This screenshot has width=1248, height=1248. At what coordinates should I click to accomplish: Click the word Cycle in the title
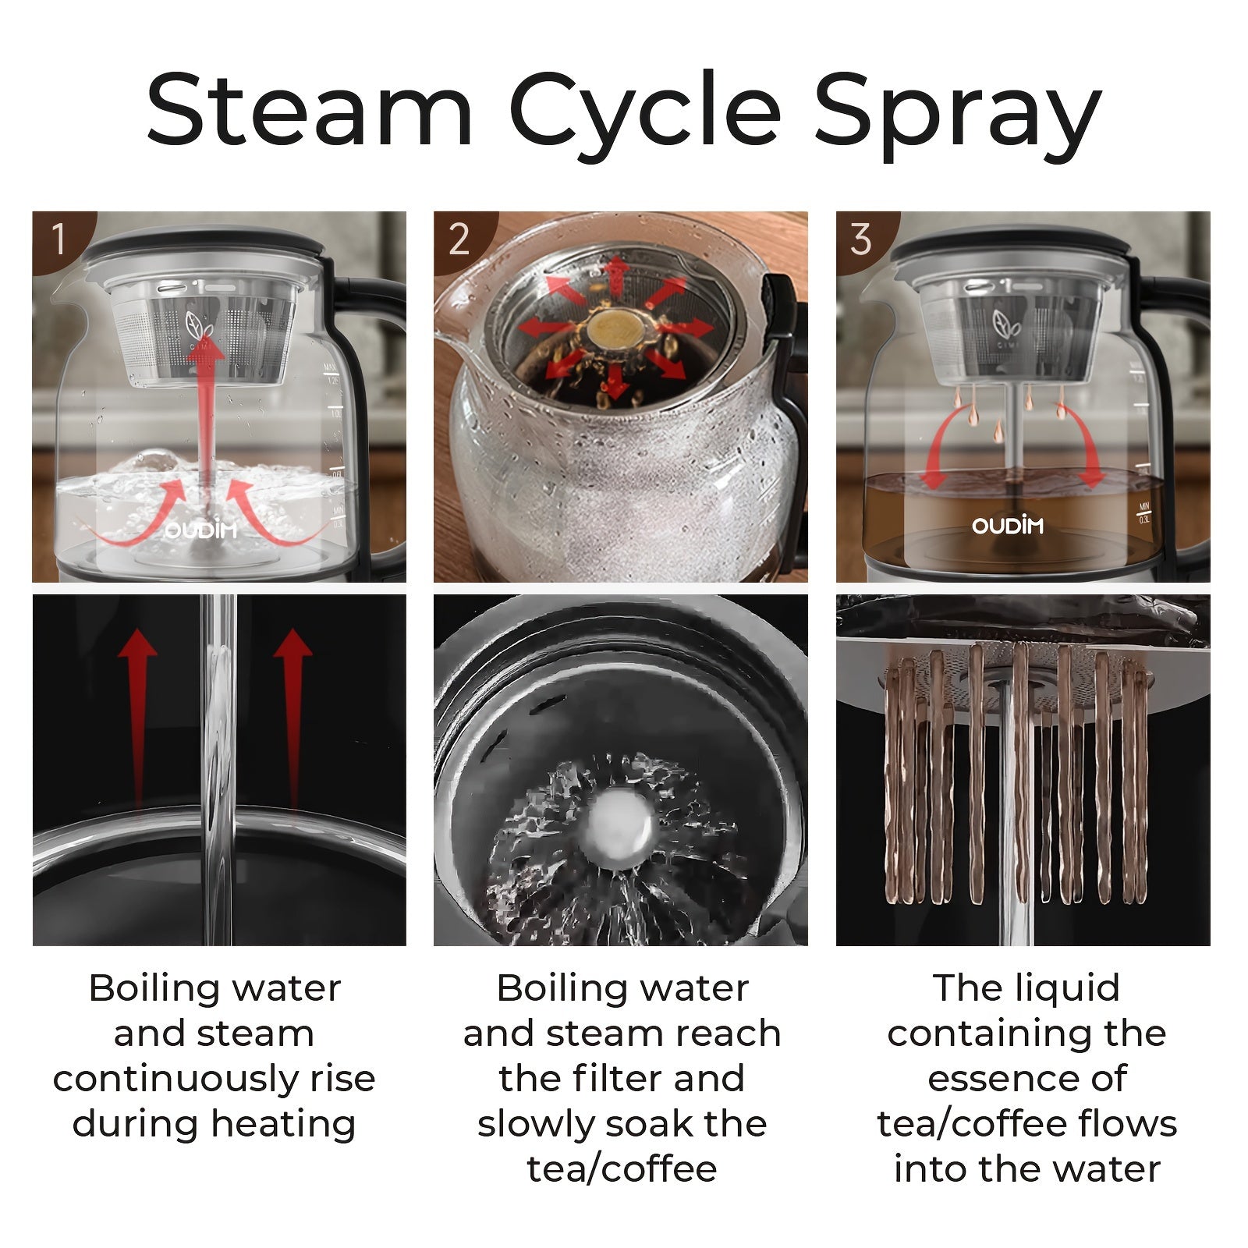point(644,118)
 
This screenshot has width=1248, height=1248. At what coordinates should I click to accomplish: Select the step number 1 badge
point(59,239)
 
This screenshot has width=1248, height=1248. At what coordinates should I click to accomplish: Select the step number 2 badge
point(460,239)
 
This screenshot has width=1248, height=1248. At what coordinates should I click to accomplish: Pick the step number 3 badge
point(862,239)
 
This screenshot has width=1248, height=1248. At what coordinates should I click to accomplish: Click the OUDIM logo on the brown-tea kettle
point(1008,526)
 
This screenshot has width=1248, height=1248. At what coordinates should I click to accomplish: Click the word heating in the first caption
point(283,1124)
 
